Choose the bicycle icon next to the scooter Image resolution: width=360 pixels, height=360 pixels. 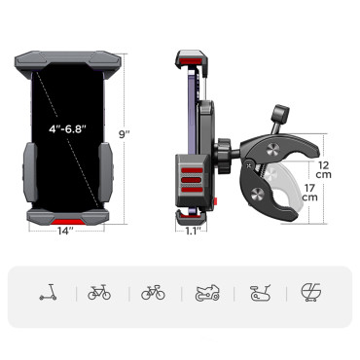point(99,291)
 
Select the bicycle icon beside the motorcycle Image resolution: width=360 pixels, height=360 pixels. point(153,291)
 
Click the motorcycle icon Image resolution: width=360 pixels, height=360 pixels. point(206,291)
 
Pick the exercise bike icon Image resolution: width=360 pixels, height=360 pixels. point(259,291)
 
